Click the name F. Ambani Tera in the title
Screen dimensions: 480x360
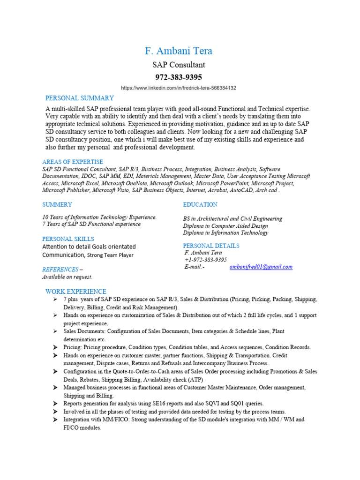179,51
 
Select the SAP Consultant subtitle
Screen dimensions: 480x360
179,65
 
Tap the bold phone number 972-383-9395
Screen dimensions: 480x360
179,77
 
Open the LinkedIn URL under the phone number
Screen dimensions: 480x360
179,88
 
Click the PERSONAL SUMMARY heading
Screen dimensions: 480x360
79,98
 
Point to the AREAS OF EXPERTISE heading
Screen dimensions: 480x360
73,162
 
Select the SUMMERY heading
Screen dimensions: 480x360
57,204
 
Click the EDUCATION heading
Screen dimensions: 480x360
200,204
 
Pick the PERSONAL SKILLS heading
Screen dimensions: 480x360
68,239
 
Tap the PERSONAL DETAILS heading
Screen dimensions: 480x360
211,246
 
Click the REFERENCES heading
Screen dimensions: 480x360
60,270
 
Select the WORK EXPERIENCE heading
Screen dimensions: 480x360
75,292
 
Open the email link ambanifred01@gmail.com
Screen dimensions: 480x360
261,267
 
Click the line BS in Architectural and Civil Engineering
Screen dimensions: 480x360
232,218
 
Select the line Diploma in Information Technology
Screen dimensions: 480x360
225,232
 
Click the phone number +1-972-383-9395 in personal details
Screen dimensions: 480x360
206,260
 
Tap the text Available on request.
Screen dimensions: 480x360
67,277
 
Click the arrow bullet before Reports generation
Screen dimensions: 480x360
55,404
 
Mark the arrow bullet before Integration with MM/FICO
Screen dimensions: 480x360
55,420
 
